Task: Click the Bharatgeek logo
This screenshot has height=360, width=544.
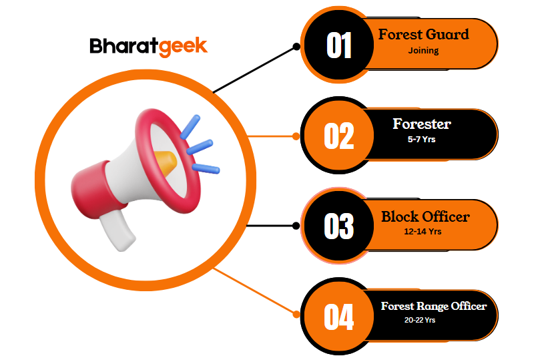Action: click(148, 47)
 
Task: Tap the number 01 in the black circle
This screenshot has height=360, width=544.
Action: click(339, 45)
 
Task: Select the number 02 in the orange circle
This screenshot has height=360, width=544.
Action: click(339, 136)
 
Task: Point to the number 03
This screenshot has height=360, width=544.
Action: click(339, 226)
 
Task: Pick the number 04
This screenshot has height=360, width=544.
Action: click(339, 317)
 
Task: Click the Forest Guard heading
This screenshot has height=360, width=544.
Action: click(424, 34)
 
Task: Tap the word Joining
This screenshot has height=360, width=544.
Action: click(423, 51)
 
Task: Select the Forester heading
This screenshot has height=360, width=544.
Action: click(422, 124)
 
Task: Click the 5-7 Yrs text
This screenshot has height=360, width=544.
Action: click(422, 139)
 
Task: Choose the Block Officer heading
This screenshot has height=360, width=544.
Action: click(426, 216)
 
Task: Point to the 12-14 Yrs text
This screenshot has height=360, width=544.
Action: click(423, 232)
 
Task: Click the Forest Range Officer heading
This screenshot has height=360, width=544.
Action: click(434, 306)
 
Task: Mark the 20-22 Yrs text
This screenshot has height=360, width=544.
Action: click(420, 320)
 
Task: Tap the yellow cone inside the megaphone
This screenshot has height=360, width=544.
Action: click(166, 162)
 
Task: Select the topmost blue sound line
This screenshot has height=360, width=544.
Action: click(190, 127)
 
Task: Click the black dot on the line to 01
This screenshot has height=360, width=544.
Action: click(296, 47)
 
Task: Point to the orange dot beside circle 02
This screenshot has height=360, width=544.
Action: click(296, 136)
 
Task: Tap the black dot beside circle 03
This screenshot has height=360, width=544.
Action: click(296, 226)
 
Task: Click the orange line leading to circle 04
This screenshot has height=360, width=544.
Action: click(254, 291)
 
